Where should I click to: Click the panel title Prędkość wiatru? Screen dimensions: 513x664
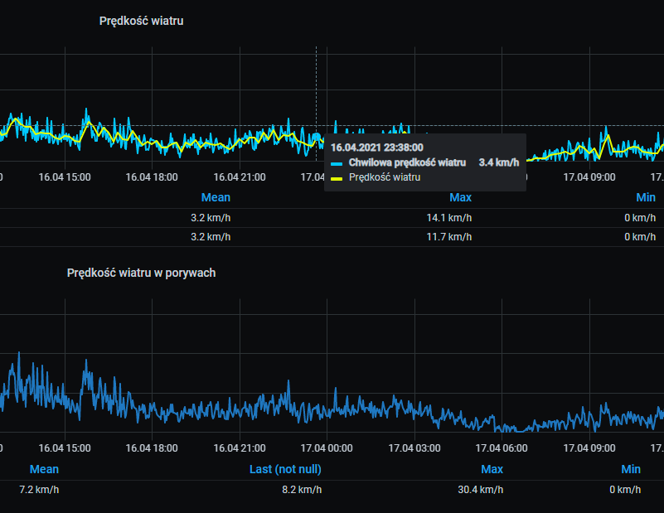[x=141, y=21]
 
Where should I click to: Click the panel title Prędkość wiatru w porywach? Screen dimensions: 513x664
[x=141, y=272]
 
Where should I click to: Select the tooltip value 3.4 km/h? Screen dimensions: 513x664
[x=499, y=162]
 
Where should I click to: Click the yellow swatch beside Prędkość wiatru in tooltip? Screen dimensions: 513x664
[x=337, y=177]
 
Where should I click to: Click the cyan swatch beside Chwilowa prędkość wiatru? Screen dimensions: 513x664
[x=337, y=163]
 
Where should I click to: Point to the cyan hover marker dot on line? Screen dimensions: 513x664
[x=316, y=138]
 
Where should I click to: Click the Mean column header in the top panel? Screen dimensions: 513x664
[x=216, y=197]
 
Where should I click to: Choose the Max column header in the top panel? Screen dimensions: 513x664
[x=460, y=197]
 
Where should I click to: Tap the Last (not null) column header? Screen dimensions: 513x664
[x=285, y=469]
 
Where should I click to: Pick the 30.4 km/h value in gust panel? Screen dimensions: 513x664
[x=480, y=489]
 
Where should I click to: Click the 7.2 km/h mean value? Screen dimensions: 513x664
[x=39, y=489]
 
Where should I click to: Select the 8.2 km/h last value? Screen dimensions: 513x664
[x=302, y=489]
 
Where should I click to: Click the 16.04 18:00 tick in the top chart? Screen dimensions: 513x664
[x=152, y=177]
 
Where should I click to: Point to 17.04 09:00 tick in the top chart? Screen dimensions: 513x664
[x=589, y=177]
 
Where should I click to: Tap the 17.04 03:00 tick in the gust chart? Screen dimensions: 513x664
[x=414, y=448]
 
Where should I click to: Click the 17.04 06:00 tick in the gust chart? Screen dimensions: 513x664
[x=502, y=448]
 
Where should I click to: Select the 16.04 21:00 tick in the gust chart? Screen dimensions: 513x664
[x=240, y=448]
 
